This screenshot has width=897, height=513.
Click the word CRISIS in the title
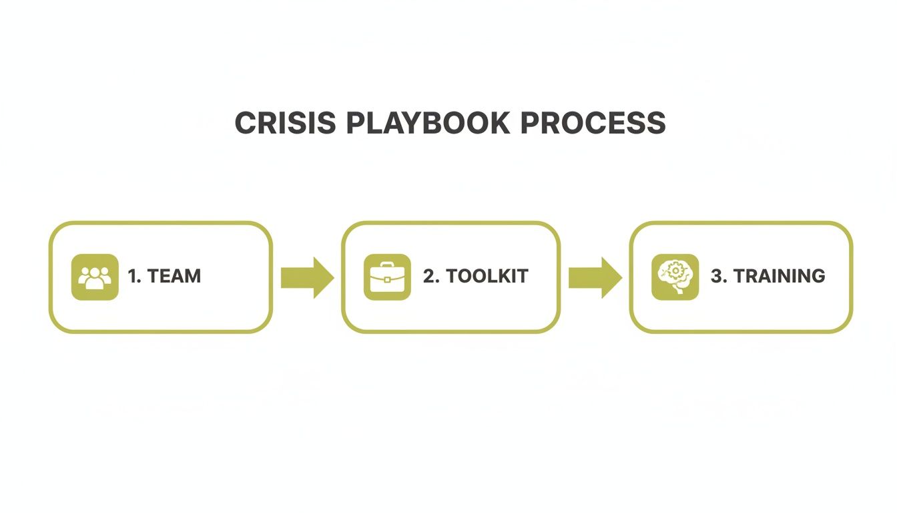pos(286,123)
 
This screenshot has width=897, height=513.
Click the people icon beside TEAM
pos(95,277)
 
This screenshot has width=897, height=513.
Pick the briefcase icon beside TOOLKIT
pos(387,277)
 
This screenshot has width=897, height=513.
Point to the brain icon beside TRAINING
pos(675,277)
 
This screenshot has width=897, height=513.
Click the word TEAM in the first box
pos(174,276)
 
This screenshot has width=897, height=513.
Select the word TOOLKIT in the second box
pos(487,276)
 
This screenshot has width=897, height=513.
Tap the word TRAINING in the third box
pos(779,276)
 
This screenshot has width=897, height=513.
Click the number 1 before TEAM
pos(133,276)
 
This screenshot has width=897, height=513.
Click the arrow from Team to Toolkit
pos(307,277)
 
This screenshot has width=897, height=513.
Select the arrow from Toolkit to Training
pos(595,277)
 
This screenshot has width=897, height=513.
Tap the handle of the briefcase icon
pos(387,265)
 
